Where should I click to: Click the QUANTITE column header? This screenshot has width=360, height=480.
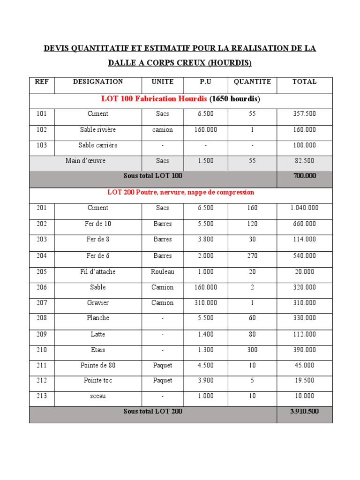(252, 82)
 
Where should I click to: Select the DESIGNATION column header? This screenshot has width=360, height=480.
(98, 82)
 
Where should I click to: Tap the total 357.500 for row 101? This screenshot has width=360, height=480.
(304, 114)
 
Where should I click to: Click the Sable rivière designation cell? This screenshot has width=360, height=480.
(97, 129)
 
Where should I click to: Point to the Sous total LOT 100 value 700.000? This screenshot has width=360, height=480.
(304, 176)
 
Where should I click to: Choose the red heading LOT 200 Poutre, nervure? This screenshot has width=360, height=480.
(180, 192)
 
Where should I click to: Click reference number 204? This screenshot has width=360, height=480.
(42, 255)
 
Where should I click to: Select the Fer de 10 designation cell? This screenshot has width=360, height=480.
(97, 224)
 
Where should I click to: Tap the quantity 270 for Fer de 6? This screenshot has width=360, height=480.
(252, 255)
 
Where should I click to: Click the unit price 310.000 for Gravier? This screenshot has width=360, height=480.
(206, 303)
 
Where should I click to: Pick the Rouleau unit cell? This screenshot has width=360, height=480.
(163, 271)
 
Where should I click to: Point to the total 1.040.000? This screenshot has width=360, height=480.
(304, 208)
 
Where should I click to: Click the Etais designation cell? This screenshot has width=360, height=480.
(97, 350)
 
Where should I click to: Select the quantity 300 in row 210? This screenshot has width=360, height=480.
(252, 350)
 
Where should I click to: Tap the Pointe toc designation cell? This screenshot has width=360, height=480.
(97, 380)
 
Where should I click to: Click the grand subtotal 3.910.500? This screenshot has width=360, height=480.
(304, 412)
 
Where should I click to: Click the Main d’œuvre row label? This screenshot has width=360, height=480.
(85, 161)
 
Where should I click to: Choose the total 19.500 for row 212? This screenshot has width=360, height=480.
(304, 380)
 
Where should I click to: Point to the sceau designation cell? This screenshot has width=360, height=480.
(97, 396)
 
